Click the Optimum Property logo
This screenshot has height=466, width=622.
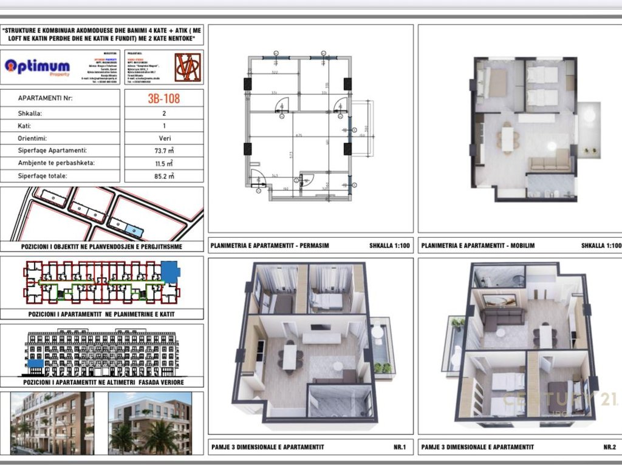(x=37, y=67)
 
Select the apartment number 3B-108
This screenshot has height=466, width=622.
(x=163, y=98)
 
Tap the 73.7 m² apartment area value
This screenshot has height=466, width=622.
(x=163, y=150)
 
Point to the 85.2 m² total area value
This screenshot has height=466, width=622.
(x=163, y=176)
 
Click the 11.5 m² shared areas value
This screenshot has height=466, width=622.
(x=163, y=163)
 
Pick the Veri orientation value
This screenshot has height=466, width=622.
(x=163, y=138)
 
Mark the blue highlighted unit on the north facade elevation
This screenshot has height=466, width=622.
(x=35, y=363)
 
